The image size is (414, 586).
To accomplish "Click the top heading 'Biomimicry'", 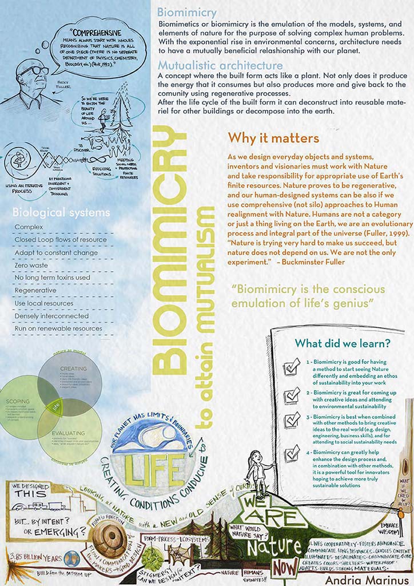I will [186, 12].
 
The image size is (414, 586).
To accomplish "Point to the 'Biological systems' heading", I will [61, 213].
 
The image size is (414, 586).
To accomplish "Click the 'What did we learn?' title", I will [343, 343].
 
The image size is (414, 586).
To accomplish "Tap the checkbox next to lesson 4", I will [292, 454].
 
